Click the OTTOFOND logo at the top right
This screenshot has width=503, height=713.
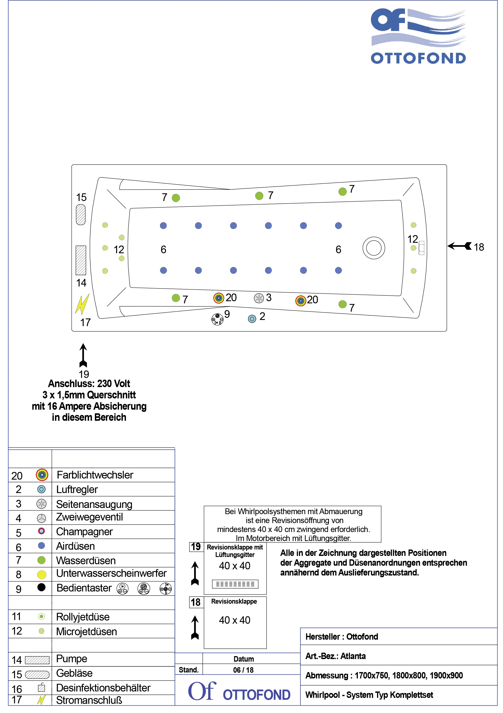click(418, 36)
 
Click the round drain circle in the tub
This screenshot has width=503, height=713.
click(374, 248)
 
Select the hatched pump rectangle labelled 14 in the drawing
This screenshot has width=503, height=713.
click(81, 260)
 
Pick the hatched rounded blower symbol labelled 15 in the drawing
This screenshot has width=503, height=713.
click(81, 214)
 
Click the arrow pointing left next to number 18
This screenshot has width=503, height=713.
click(459, 246)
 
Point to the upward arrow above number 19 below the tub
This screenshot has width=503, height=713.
click(83, 355)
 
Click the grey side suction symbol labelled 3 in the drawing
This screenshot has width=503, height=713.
click(259, 298)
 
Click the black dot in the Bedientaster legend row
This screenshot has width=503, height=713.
click(41, 587)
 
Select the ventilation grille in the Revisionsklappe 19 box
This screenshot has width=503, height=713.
click(235, 584)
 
